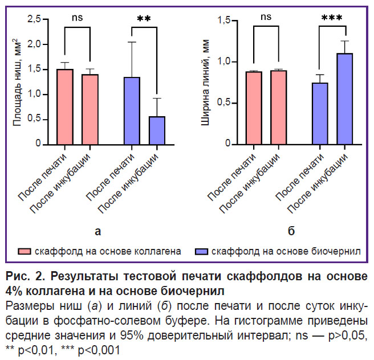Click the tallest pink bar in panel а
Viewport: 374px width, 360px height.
click(64, 107)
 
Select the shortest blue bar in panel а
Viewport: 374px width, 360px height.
click(156, 130)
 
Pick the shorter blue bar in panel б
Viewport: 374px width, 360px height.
click(320, 114)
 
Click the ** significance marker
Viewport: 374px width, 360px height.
click(144, 20)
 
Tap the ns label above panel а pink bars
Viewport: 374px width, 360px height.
click(78, 18)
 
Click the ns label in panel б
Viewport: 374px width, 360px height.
click(266, 18)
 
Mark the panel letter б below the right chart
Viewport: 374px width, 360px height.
click(291, 231)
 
